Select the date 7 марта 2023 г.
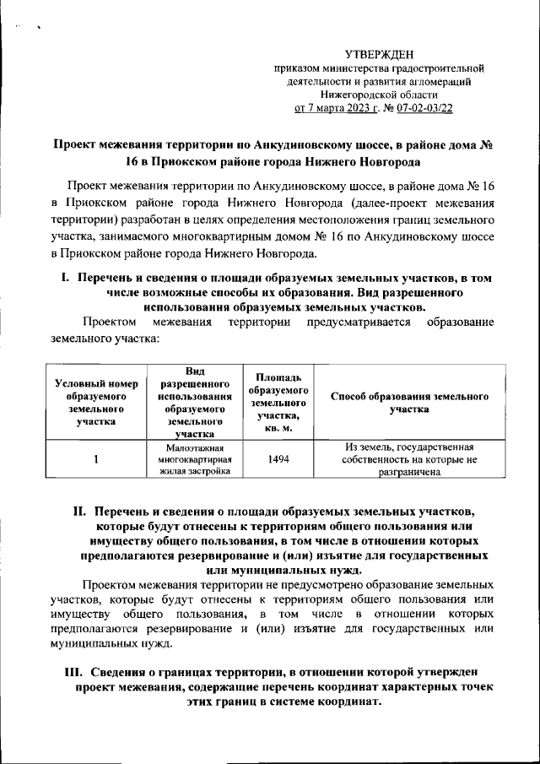tap(334, 108)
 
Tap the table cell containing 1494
tap(279, 460)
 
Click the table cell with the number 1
tap(95, 460)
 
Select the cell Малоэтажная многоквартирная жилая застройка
tap(193, 460)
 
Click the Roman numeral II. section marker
tap(80, 512)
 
